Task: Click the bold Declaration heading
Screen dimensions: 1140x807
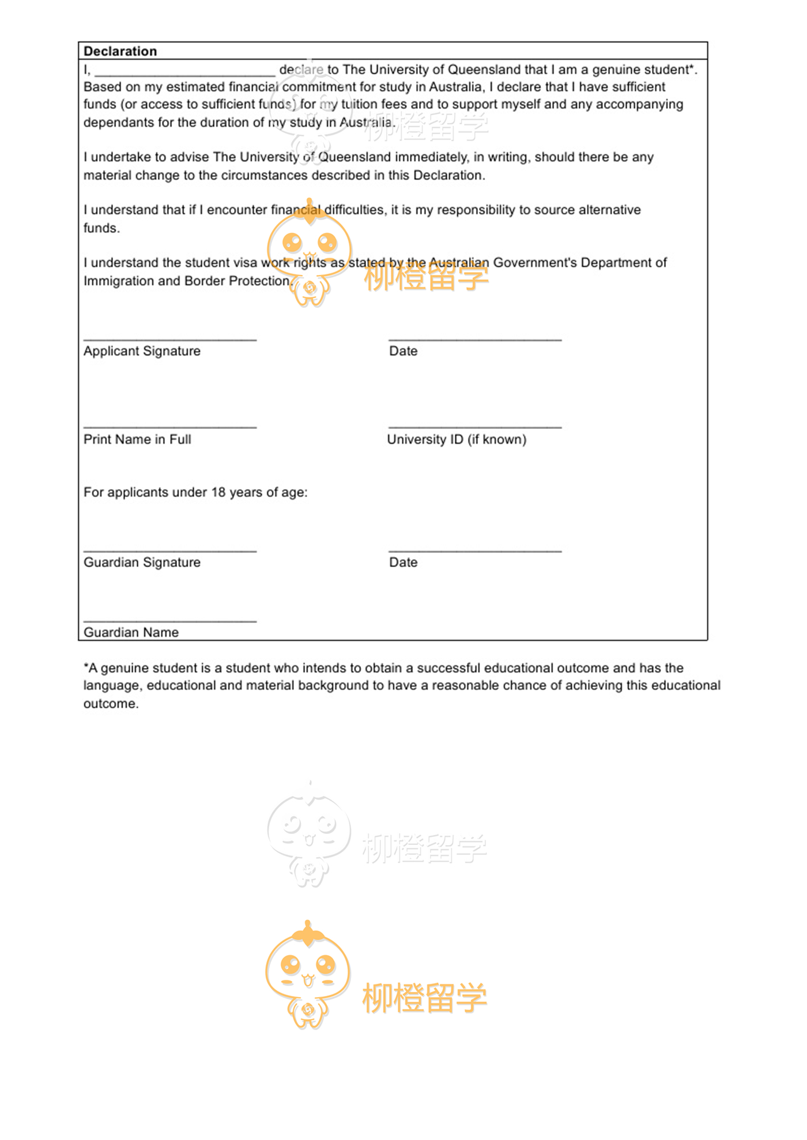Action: tap(120, 51)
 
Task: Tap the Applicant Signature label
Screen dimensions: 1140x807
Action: tap(142, 351)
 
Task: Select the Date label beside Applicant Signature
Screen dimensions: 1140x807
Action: tap(403, 351)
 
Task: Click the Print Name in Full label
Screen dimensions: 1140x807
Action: tap(137, 439)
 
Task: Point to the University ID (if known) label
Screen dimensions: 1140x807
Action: tap(457, 439)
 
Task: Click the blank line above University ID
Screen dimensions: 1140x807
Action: tap(475, 427)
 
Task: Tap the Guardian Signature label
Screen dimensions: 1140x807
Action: tap(142, 563)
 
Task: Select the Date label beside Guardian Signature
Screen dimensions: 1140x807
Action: tap(403, 563)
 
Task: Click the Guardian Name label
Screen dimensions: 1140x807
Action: tap(131, 632)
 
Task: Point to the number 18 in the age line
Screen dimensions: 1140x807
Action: tap(218, 493)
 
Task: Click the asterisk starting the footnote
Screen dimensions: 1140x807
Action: tap(86, 667)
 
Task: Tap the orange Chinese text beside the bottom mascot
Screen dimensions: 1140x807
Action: tap(425, 999)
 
